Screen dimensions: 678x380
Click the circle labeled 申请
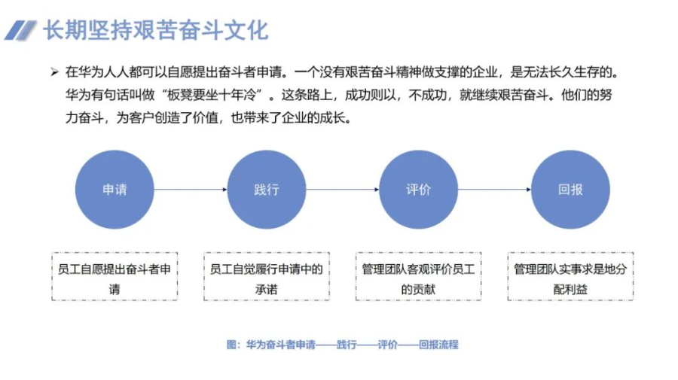point(115,190)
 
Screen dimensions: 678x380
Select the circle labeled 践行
point(267,190)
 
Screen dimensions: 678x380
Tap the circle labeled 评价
point(419,190)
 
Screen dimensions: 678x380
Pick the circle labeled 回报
point(570,190)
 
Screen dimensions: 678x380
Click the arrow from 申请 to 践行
point(191,190)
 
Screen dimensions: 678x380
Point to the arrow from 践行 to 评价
point(343,190)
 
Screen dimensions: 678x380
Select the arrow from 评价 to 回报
point(494,190)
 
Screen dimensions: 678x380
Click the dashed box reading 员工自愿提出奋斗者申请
point(115,277)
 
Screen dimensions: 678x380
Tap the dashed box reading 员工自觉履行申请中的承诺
point(267,277)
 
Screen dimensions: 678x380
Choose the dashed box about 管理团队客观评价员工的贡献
point(419,277)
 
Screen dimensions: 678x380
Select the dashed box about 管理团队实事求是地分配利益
point(570,277)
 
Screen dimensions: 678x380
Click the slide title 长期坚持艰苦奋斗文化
point(155,31)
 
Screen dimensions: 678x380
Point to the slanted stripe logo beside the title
point(20,31)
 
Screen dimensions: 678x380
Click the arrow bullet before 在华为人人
point(54,72)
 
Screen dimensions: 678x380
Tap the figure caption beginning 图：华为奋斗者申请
point(342,345)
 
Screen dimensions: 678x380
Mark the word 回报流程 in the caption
point(438,345)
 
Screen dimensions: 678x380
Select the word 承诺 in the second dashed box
point(267,288)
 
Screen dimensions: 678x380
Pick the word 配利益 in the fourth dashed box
point(570,288)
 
